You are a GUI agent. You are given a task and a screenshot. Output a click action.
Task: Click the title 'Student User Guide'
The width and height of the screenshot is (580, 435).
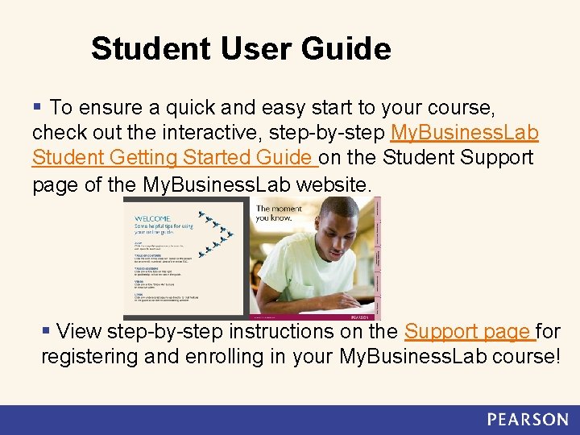coord(241,49)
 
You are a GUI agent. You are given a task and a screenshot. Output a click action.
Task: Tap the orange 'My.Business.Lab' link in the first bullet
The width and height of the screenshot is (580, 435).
coord(464,132)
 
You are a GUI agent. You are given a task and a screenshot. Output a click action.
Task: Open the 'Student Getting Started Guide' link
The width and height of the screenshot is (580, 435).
coord(172,158)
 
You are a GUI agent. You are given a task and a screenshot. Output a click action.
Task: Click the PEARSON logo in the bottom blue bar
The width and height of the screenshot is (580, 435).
coord(527,419)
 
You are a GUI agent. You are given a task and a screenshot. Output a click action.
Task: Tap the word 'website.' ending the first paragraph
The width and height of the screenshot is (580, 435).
coord(334,184)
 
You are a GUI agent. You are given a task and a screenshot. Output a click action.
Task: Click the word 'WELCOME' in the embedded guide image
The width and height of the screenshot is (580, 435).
coord(152,218)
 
